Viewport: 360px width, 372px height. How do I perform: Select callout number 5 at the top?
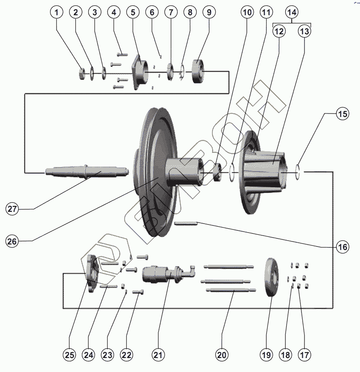133,13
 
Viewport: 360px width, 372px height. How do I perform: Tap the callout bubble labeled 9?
208,13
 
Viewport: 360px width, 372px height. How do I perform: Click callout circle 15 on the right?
343,114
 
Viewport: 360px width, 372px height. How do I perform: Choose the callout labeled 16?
343,247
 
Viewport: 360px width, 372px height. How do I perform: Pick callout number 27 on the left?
13,209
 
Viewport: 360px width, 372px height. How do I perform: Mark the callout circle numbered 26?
13,241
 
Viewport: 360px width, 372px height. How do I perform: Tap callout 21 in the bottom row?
159,355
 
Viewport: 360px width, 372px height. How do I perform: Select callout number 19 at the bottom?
266,355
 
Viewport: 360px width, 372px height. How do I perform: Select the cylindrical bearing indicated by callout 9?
198,71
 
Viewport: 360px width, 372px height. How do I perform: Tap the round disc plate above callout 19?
270,278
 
